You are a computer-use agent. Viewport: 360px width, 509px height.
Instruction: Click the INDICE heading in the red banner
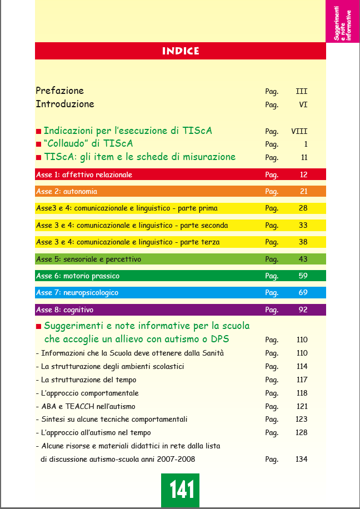(x=181, y=51)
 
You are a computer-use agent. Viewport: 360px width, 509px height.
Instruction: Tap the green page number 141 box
(x=181, y=490)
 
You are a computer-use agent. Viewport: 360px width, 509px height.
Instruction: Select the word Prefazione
(x=59, y=91)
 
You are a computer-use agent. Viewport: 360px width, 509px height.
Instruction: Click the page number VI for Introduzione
(x=303, y=104)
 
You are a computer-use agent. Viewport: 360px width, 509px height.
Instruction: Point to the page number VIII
(x=299, y=132)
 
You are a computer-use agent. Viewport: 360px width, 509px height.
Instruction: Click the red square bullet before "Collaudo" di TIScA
(x=38, y=144)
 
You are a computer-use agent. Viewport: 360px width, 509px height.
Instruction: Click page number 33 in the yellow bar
(x=303, y=226)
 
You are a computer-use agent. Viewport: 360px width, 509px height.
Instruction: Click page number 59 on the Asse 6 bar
(x=303, y=276)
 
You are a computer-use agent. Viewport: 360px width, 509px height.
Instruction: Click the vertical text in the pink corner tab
(x=342, y=22)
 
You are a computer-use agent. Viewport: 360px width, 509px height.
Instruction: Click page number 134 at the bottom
(x=301, y=460)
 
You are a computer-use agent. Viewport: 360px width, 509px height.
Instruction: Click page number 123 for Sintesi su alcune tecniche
(x=301, y=420)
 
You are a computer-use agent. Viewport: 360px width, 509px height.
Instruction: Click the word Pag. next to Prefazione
(x=272, y=91)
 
